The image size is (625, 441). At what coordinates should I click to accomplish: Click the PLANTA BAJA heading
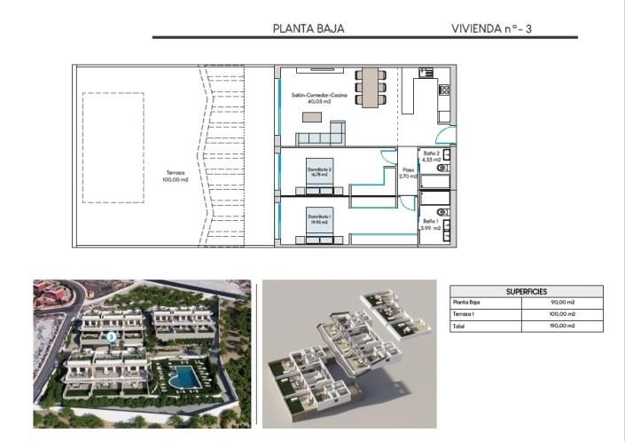(309, 28)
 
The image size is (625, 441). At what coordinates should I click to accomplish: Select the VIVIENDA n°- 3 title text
(490, 28)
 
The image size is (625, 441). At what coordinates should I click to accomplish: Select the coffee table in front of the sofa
(312, 117)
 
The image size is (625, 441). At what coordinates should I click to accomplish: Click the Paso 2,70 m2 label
(408, 174)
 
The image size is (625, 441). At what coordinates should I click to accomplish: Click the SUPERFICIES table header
(527, 291)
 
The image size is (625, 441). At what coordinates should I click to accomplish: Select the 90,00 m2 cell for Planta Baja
(564, 303)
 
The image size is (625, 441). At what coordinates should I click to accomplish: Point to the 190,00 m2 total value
(563, 326)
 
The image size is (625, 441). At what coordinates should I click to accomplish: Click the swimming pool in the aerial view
(184, 377)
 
